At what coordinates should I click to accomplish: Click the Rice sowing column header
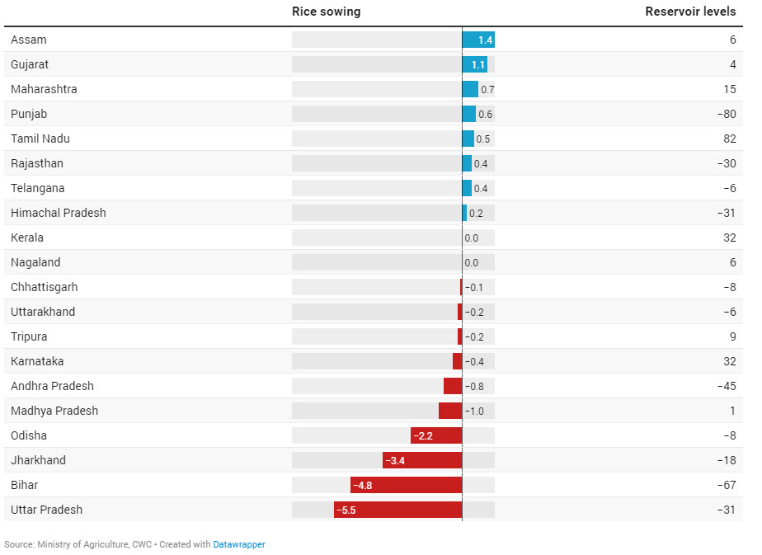pos(326,12)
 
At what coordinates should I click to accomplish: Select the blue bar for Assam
pos(477,40)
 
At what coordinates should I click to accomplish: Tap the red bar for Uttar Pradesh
pos(397,510)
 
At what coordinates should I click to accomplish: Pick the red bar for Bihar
pos(406,485)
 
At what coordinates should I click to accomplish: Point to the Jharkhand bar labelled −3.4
pos(421,460)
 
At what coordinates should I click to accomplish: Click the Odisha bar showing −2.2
pos(435,435)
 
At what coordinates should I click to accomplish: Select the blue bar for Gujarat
pos(474,64)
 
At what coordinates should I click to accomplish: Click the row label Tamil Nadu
pos(40,139)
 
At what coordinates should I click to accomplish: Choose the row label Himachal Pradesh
pos(59,213)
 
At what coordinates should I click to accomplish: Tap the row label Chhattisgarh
pos(45,287)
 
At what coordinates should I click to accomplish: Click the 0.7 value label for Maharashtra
pos(487,90)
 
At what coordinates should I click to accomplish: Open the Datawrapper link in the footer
pos(239,544)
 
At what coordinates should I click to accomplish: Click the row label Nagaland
pos(35,262)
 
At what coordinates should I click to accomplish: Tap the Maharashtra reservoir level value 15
pos(730,89)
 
